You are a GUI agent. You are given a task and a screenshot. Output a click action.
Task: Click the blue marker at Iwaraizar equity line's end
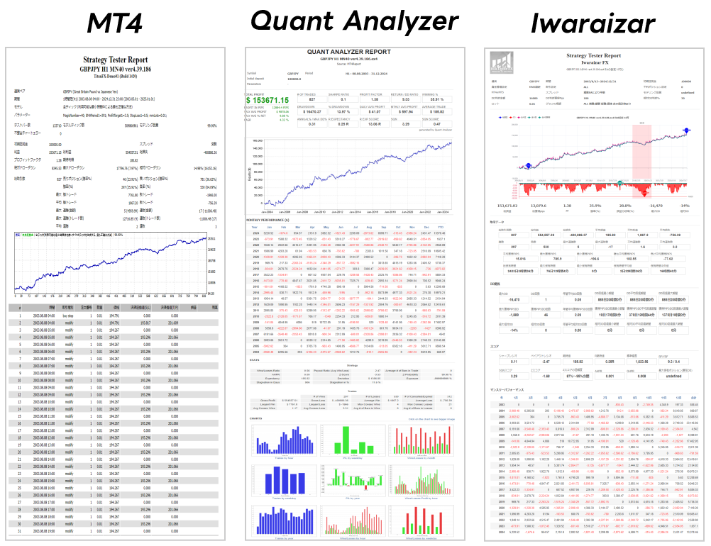[686, 131]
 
